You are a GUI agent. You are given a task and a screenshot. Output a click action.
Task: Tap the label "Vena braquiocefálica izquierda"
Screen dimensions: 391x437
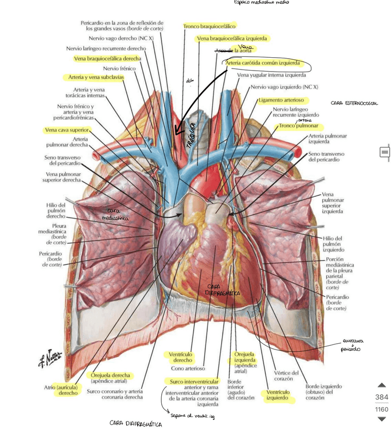coord(232,38)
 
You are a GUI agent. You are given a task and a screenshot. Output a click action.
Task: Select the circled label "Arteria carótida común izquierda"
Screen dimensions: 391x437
coord(263,63)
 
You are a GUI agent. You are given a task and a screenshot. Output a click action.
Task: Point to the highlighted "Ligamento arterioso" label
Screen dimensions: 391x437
coord(281,99)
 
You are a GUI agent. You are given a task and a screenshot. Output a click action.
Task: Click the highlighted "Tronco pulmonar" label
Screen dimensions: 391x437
coord(298,126)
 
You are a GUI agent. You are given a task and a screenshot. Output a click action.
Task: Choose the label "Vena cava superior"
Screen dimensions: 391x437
coord(67,130)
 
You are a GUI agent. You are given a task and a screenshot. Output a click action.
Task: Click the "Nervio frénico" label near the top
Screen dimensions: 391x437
coord(119,68)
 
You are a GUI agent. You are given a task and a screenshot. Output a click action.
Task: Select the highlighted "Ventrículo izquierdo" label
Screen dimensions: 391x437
coord(278,395)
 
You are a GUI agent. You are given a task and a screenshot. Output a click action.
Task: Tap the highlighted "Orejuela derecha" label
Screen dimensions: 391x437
coord(110,375)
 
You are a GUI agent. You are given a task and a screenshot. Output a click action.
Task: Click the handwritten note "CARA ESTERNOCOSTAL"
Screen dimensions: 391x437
coord(354,103)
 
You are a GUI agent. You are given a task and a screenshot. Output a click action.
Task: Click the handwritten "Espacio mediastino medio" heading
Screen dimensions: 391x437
coord(261,3)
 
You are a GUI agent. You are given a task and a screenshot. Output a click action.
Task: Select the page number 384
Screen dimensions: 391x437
coord(382,397)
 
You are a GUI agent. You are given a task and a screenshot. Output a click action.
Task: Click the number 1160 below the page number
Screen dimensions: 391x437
coord(382,409)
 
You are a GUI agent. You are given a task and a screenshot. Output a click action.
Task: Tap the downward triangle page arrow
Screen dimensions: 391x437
coord(382,419)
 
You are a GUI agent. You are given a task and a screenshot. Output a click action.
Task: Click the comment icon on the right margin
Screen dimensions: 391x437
coord(385,152)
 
